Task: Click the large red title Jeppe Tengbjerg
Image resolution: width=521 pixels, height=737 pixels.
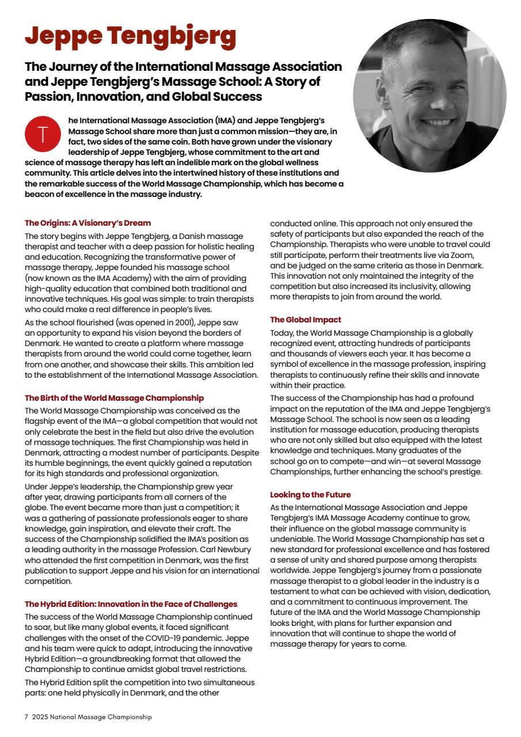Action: (x=130, y=36)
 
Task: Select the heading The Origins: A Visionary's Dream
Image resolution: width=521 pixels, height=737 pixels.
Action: (x=88, y=223)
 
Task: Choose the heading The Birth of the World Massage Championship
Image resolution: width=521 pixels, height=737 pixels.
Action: (x=114, y=398)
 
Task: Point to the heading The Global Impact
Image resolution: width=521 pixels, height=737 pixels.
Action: (x=306, y=320)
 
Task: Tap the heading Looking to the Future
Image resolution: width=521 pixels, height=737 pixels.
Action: (x=310, y=495)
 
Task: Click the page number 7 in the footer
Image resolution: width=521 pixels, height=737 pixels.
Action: (x=26, y=717)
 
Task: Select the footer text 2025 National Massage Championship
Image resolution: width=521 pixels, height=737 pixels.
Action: (x=92, y=717)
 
